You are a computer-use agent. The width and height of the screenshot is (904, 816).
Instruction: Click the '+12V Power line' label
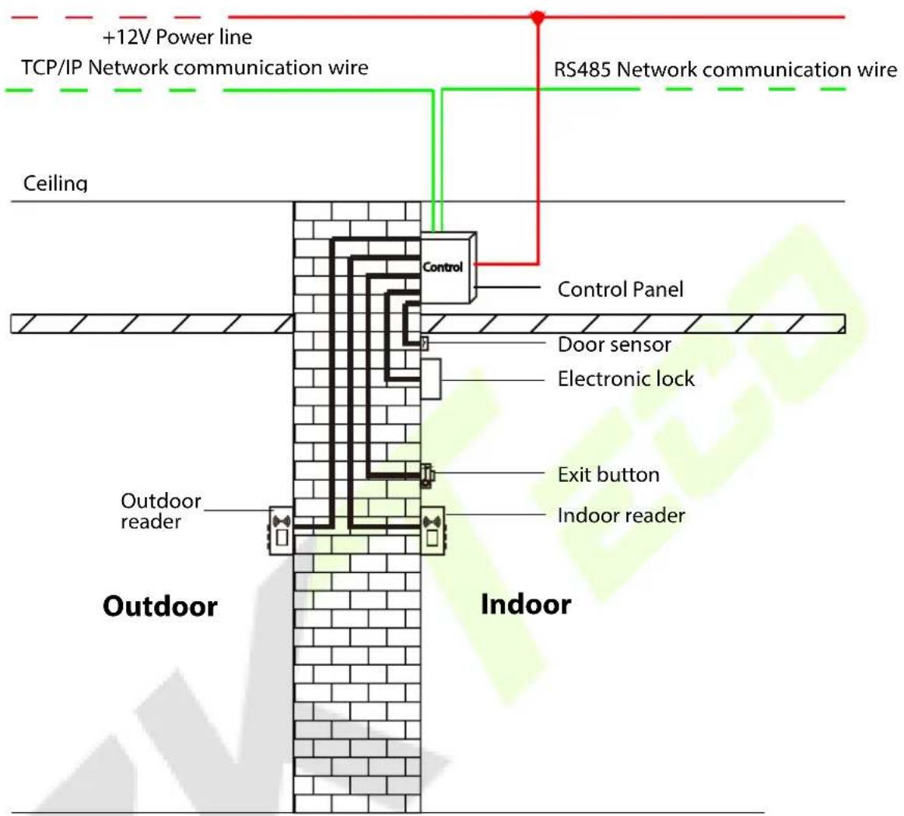[177, 37]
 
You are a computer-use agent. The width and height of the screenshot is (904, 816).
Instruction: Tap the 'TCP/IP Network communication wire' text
[194, 68]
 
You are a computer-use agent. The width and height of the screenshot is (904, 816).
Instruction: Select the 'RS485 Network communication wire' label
[725, 69]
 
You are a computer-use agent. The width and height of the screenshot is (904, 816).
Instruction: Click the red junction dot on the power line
[538, 17]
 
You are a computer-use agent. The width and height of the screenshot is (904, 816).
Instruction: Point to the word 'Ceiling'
[55, 184]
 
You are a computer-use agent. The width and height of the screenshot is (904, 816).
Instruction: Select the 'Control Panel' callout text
[620, 289]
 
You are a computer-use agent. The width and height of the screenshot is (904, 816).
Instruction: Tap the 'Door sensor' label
[614, 344]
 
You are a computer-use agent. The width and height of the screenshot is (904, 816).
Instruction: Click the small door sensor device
[424, 343]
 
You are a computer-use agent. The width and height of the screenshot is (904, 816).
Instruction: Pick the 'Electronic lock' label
[626, 378]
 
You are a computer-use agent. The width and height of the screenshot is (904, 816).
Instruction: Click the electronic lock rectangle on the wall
[431, 378]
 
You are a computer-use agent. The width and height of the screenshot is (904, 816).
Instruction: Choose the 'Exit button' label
[608, 474]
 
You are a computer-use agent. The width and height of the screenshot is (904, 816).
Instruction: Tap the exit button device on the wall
[427, 476]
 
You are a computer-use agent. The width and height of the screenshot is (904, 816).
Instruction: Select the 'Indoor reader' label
[621, 515]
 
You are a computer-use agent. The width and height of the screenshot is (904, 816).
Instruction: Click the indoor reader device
[433, 530]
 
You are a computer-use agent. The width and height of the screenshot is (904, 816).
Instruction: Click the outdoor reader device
[281, 531]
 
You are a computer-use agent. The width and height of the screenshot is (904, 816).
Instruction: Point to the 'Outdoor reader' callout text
[161, 511]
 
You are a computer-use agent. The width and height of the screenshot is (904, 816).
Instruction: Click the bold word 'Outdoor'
[160, 606]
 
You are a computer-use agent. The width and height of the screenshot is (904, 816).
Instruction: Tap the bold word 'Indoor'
[526, 604]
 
